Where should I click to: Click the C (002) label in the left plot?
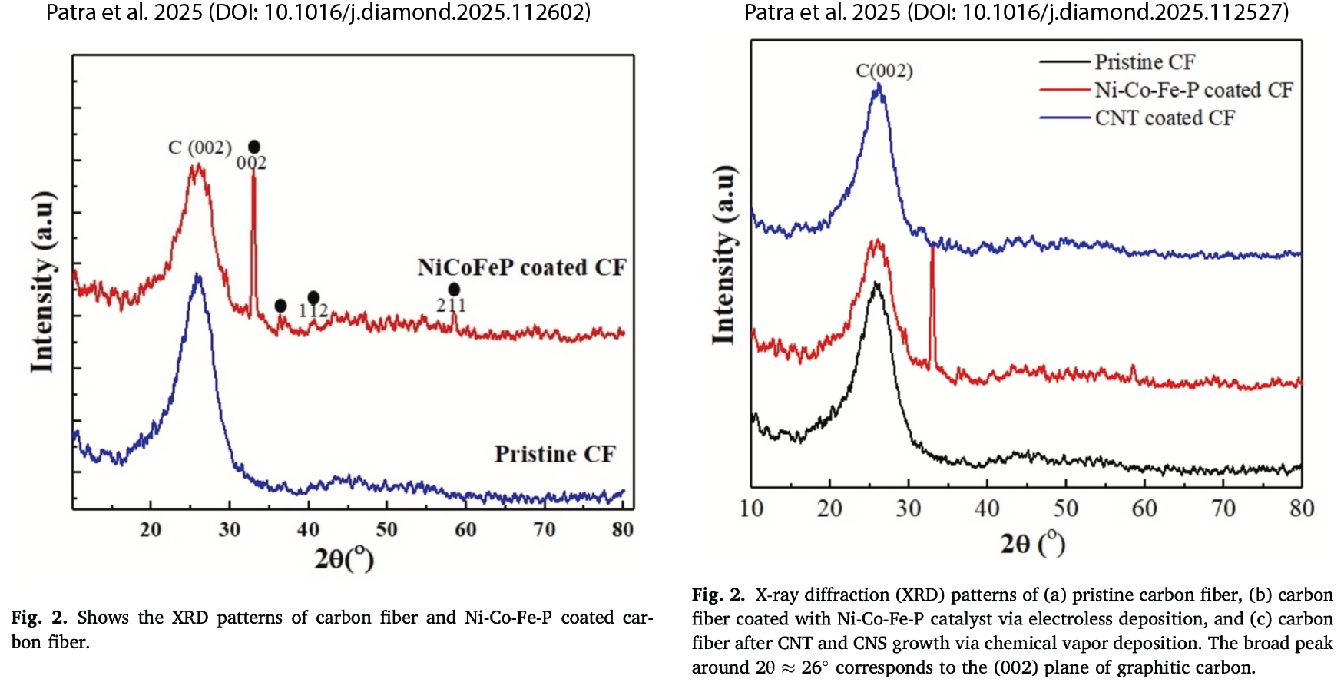(200, 147)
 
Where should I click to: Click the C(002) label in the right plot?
(884, 71)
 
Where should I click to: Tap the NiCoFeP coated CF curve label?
(521, 267)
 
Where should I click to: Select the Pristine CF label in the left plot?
(554, 454)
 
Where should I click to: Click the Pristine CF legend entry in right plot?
(1144, 61)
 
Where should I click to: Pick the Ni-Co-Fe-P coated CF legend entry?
(1193, 90)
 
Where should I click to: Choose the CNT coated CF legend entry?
(1164, 118)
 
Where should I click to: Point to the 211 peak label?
(451, 306)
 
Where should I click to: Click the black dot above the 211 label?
(454, 290)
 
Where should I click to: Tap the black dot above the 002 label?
(254, 147)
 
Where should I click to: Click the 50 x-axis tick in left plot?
(386, 529)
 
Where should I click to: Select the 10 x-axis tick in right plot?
(751, 508)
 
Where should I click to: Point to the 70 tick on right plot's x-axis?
(1223, 508)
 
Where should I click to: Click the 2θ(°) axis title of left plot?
(343, 558)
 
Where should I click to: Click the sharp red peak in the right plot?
(932, 253)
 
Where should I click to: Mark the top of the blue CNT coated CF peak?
(879, 86)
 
